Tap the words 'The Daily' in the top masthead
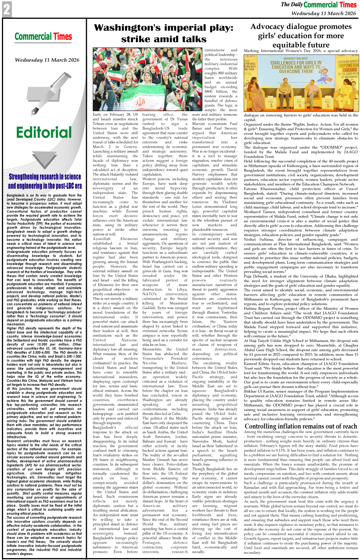(292, 5)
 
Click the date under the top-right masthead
(324, 13)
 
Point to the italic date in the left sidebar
(47, 60)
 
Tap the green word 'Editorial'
(44, 132)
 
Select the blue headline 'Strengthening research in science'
(45, 177)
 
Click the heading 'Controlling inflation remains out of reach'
(301, 426)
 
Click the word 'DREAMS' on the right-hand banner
(349, 70)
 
